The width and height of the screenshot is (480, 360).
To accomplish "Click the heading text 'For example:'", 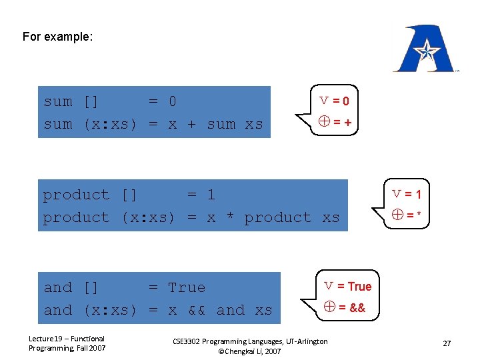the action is pos(57,37).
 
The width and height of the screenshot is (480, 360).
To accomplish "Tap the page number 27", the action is pos(447,343).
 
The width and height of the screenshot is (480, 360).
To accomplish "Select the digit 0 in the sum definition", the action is pos(172,101).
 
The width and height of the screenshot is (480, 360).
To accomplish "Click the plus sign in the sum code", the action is pos(191,124).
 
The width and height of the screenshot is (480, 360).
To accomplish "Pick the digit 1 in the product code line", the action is pos(211,195).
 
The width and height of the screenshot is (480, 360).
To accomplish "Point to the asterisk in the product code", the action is pos(229,217).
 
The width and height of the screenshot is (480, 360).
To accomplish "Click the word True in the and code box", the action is pos(187,287).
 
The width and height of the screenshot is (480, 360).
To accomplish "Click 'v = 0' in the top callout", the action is pos(334,101).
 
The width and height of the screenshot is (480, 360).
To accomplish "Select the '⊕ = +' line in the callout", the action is pos(335,122).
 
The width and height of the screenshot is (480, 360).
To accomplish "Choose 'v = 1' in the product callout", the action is pos(407,195).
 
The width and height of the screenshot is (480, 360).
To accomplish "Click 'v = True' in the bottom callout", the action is pos(348,286).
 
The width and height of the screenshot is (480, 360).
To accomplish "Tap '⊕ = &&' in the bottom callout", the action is pos(345,307).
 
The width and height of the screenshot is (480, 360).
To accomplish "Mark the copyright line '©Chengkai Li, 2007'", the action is pos(249,351).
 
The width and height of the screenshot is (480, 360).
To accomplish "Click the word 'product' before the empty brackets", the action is pos(76,195).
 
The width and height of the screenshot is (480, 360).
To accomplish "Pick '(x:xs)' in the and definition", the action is pos(110,310).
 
